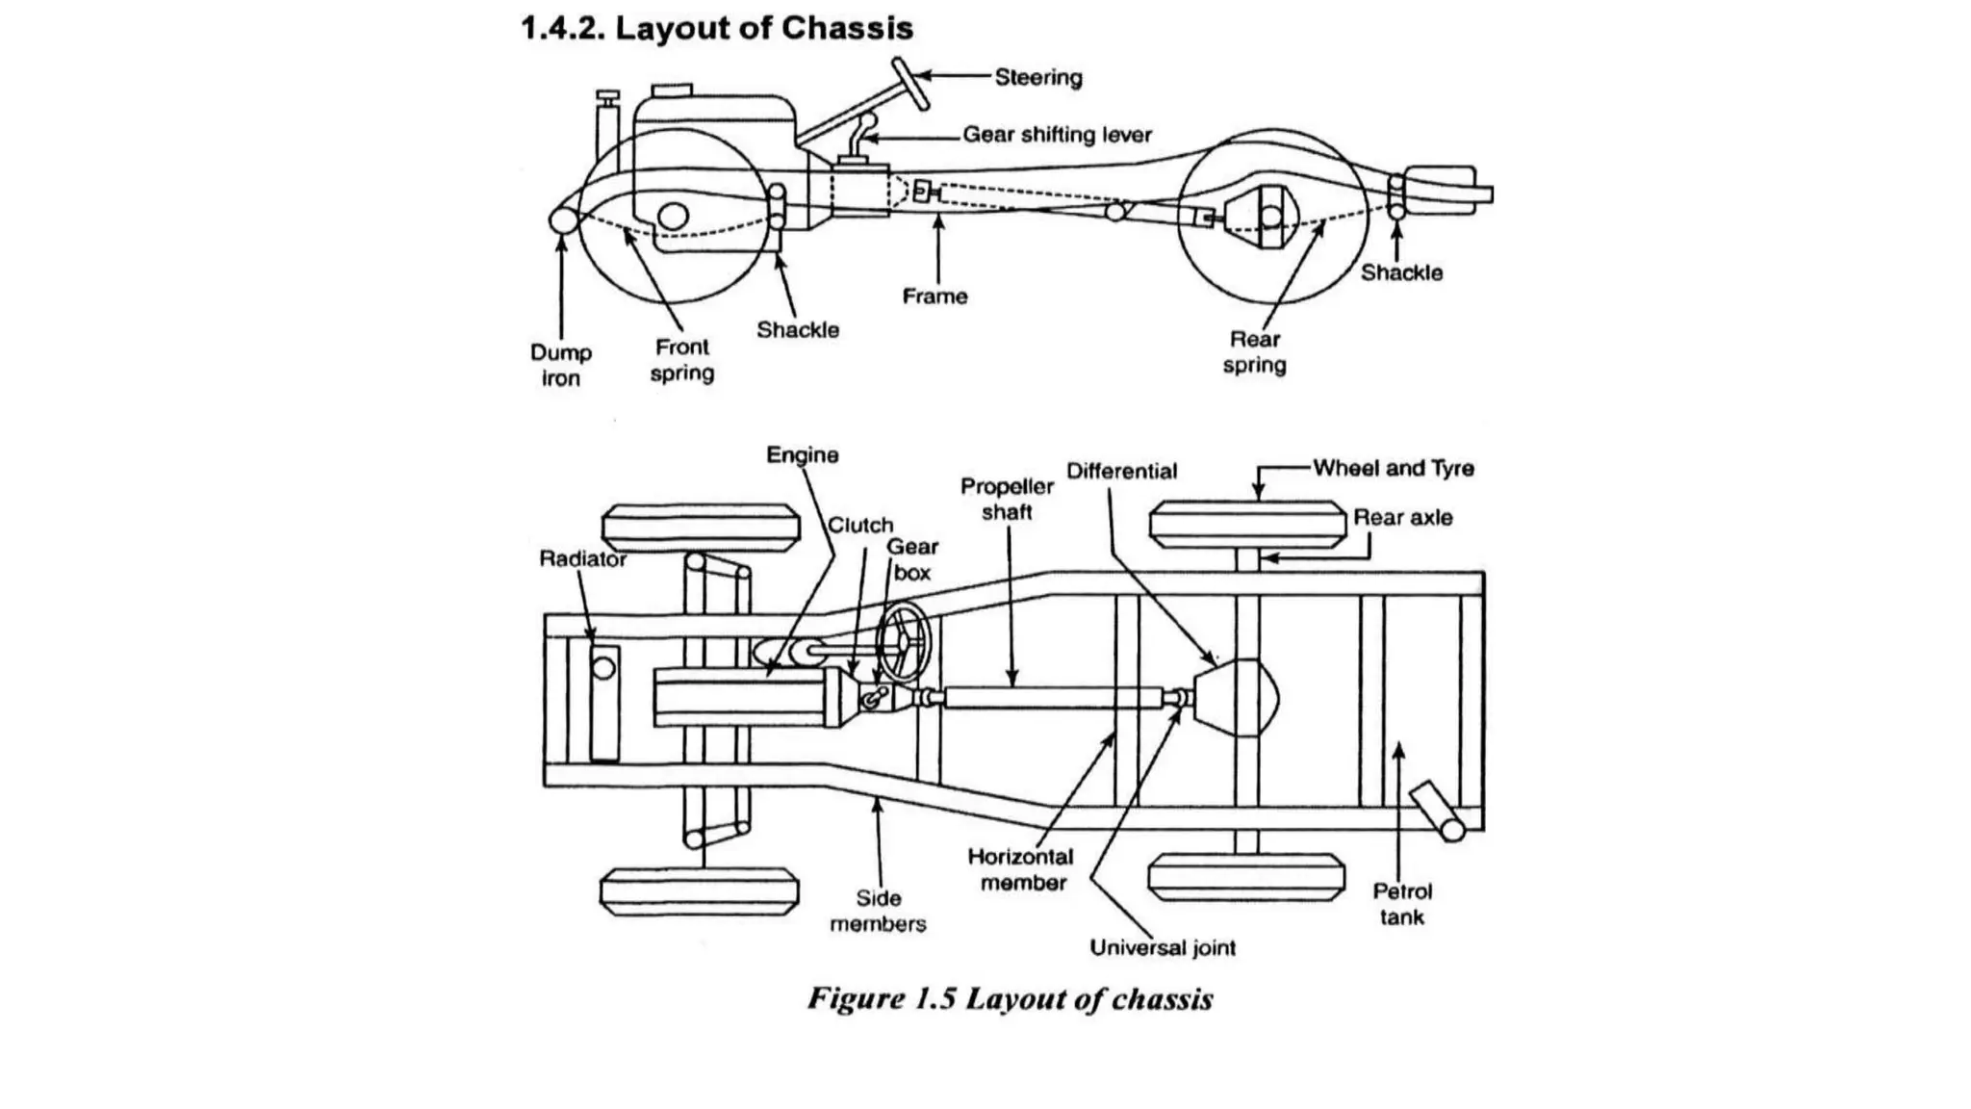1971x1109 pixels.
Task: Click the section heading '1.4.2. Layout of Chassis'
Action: click(717, 28)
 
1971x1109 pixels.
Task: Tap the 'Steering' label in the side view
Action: click(1037, 77)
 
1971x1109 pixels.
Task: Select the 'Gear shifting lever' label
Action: click(1057, 135)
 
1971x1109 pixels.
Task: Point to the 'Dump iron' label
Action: click(560, 365)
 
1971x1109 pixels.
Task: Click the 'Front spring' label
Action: click(681, 359)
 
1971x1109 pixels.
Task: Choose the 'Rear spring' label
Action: click(1254, 351)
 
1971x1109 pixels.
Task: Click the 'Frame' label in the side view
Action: click(934, 297)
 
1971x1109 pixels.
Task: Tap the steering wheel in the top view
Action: click(906, 642)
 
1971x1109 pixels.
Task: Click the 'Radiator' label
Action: click(582, 559)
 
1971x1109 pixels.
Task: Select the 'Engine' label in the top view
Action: click(802, 454)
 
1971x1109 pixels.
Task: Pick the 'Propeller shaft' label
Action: click(1007, 499)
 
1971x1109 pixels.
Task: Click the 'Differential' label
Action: click(1121, 471)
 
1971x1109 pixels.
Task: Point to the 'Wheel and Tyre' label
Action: click(1393, 468)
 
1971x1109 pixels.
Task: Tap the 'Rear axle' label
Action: click(1402, 517)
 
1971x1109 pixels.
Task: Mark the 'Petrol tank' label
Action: click(1402, 904)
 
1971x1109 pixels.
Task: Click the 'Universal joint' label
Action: click(1163, 947)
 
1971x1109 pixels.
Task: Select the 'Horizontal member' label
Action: click(1021, 869)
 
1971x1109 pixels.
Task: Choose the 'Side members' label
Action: click(878, 911)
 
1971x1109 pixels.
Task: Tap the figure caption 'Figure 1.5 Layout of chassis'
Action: click(1010, 998)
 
